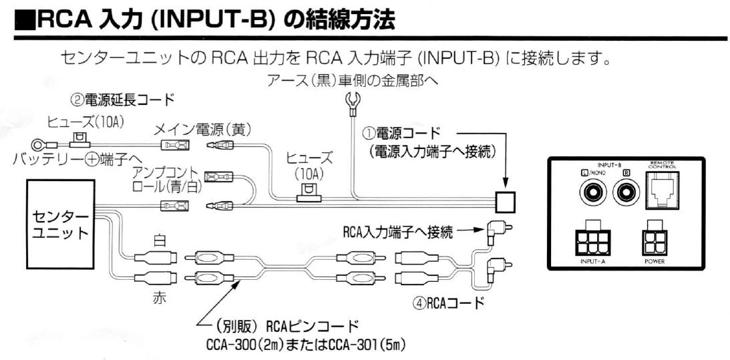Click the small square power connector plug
click(x=505, y=200)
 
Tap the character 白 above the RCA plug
click(x=159, y=240)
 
